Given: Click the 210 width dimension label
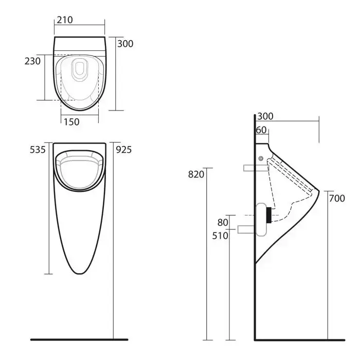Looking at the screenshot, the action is click(65, 20).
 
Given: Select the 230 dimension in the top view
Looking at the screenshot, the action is click(32, 61).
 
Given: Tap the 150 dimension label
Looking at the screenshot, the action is click(71, 122).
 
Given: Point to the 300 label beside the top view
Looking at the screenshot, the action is click(125, 44).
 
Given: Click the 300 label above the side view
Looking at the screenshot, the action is click(265, 116).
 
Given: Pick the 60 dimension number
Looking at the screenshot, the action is click(261, 130).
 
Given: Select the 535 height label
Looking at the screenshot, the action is click(38, 150).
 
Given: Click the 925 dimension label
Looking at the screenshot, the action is click(124, 150).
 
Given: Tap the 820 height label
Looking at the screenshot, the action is click(196, 174).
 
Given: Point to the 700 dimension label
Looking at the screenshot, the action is click(337, 199).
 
